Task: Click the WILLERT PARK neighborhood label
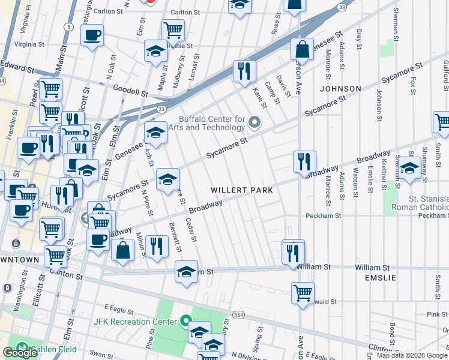(x=242, y=190)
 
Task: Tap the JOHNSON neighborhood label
(x=340, y=89)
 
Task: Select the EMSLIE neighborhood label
(x=381, y=278)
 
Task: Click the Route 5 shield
(x=70, y=27)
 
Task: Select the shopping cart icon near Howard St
(x=303, y=293)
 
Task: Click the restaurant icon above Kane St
(x=245, y=70)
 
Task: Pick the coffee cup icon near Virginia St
(x=92, y=35)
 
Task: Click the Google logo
(x=20, y=353)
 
